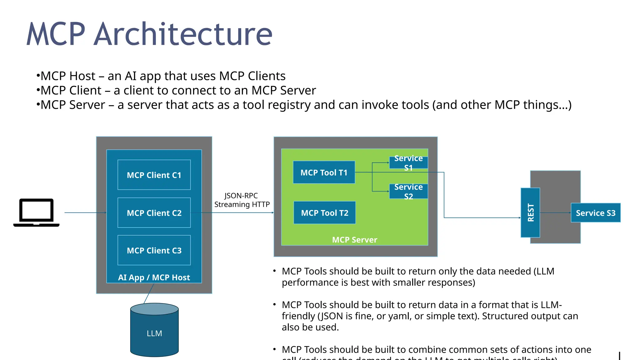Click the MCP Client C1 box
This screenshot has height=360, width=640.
(154, 175)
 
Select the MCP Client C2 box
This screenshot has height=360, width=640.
(154, 213)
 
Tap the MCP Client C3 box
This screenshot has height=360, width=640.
(154, 250)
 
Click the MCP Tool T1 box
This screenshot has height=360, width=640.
(324, 172)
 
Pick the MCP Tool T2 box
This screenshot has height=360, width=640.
(324, 213)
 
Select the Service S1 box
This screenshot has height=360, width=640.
(408, 163)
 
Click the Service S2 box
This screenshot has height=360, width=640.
(408, 192)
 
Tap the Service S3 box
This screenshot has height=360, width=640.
(595, 213)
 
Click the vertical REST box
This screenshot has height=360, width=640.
(530, 212)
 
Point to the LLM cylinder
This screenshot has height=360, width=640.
(154, 333)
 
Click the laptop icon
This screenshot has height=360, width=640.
(36, 212)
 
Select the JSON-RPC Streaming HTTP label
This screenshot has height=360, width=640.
(242, 200)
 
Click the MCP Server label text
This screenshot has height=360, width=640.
(354, 240)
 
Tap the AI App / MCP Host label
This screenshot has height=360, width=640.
(154, 277)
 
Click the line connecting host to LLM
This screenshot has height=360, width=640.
(149, 294)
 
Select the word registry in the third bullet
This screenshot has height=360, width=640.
(289, 105)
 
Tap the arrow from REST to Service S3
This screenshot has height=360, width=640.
(555, 213)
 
